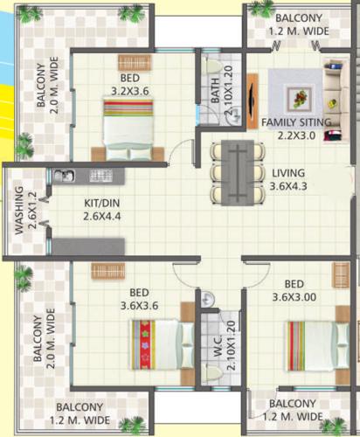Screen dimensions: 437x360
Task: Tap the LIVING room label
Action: pyautogui.click(x=288, y=172)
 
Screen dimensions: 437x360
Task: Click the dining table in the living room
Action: pyautogui.click(x=236, y=170)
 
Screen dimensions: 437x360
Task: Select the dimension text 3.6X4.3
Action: pyautogui.click(x=288, y=185)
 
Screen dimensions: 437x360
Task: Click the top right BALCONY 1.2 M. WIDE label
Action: pyautogui.click(x=300, y=24)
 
